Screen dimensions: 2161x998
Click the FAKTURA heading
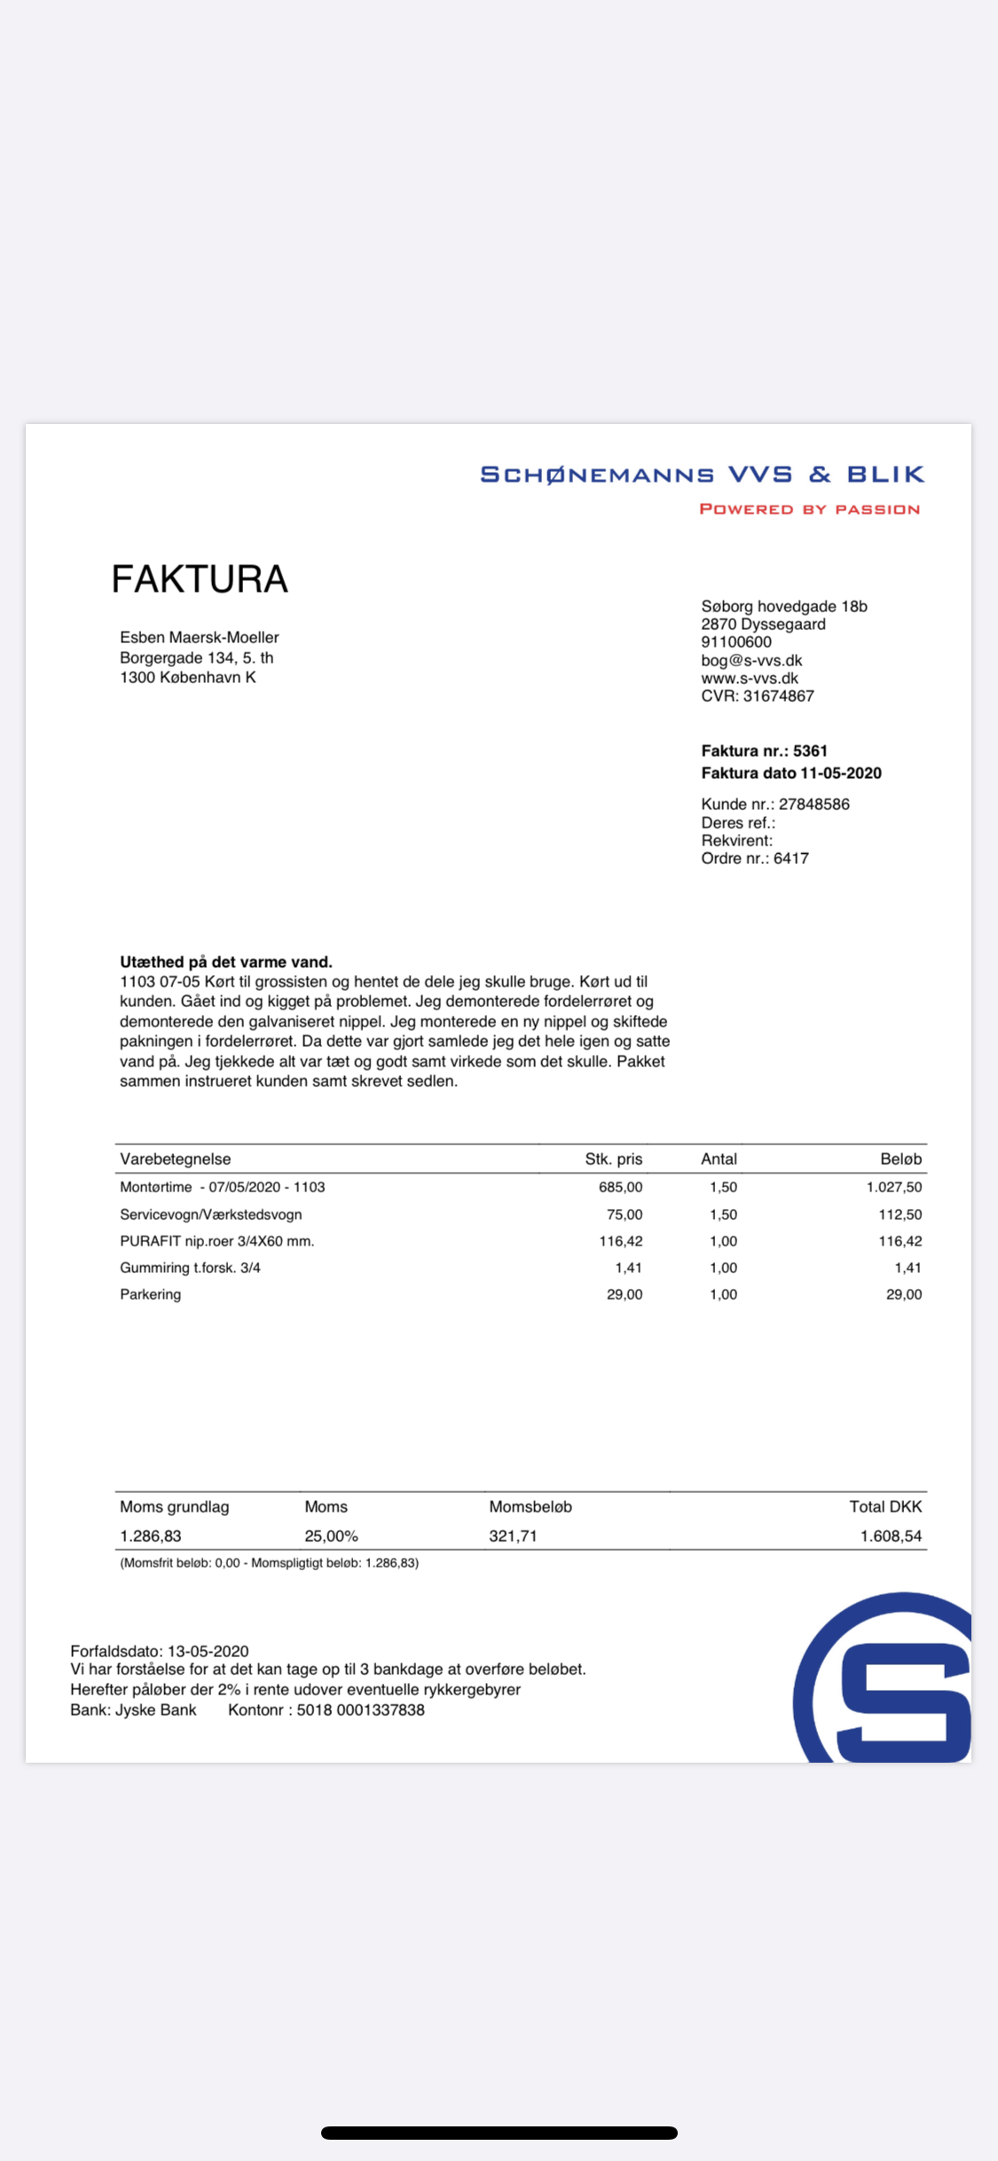coord(200,579)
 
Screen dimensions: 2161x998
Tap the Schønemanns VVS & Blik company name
coord(702,475)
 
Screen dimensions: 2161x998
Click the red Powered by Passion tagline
coord(809,509)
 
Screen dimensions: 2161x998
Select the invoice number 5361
coord(810,750)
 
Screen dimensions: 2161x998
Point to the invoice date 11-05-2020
coord(840,773)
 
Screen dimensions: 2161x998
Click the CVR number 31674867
coord(778,696)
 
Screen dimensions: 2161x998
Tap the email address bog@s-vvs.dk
coord(751,660)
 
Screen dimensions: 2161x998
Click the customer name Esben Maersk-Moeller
coord(200,637)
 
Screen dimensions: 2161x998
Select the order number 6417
coord(790,858)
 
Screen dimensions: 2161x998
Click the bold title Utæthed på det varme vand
coord(226,962)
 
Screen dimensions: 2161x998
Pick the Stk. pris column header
coord(613,1159)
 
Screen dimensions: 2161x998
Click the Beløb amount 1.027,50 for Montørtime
coord(893,1187)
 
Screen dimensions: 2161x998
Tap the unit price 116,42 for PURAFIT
coord(620,1241)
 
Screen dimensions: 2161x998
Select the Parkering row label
coord(151,1294)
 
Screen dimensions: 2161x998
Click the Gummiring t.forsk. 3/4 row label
coord(190,1268)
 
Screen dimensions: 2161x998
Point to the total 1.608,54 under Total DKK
coord(891,1536)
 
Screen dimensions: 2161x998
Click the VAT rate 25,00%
coord(331,1536)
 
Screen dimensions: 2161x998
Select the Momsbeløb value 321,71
coord(513,1536)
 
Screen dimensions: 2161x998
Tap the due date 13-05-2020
coord(208,1651)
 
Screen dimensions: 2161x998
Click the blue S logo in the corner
coord(896,1690)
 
